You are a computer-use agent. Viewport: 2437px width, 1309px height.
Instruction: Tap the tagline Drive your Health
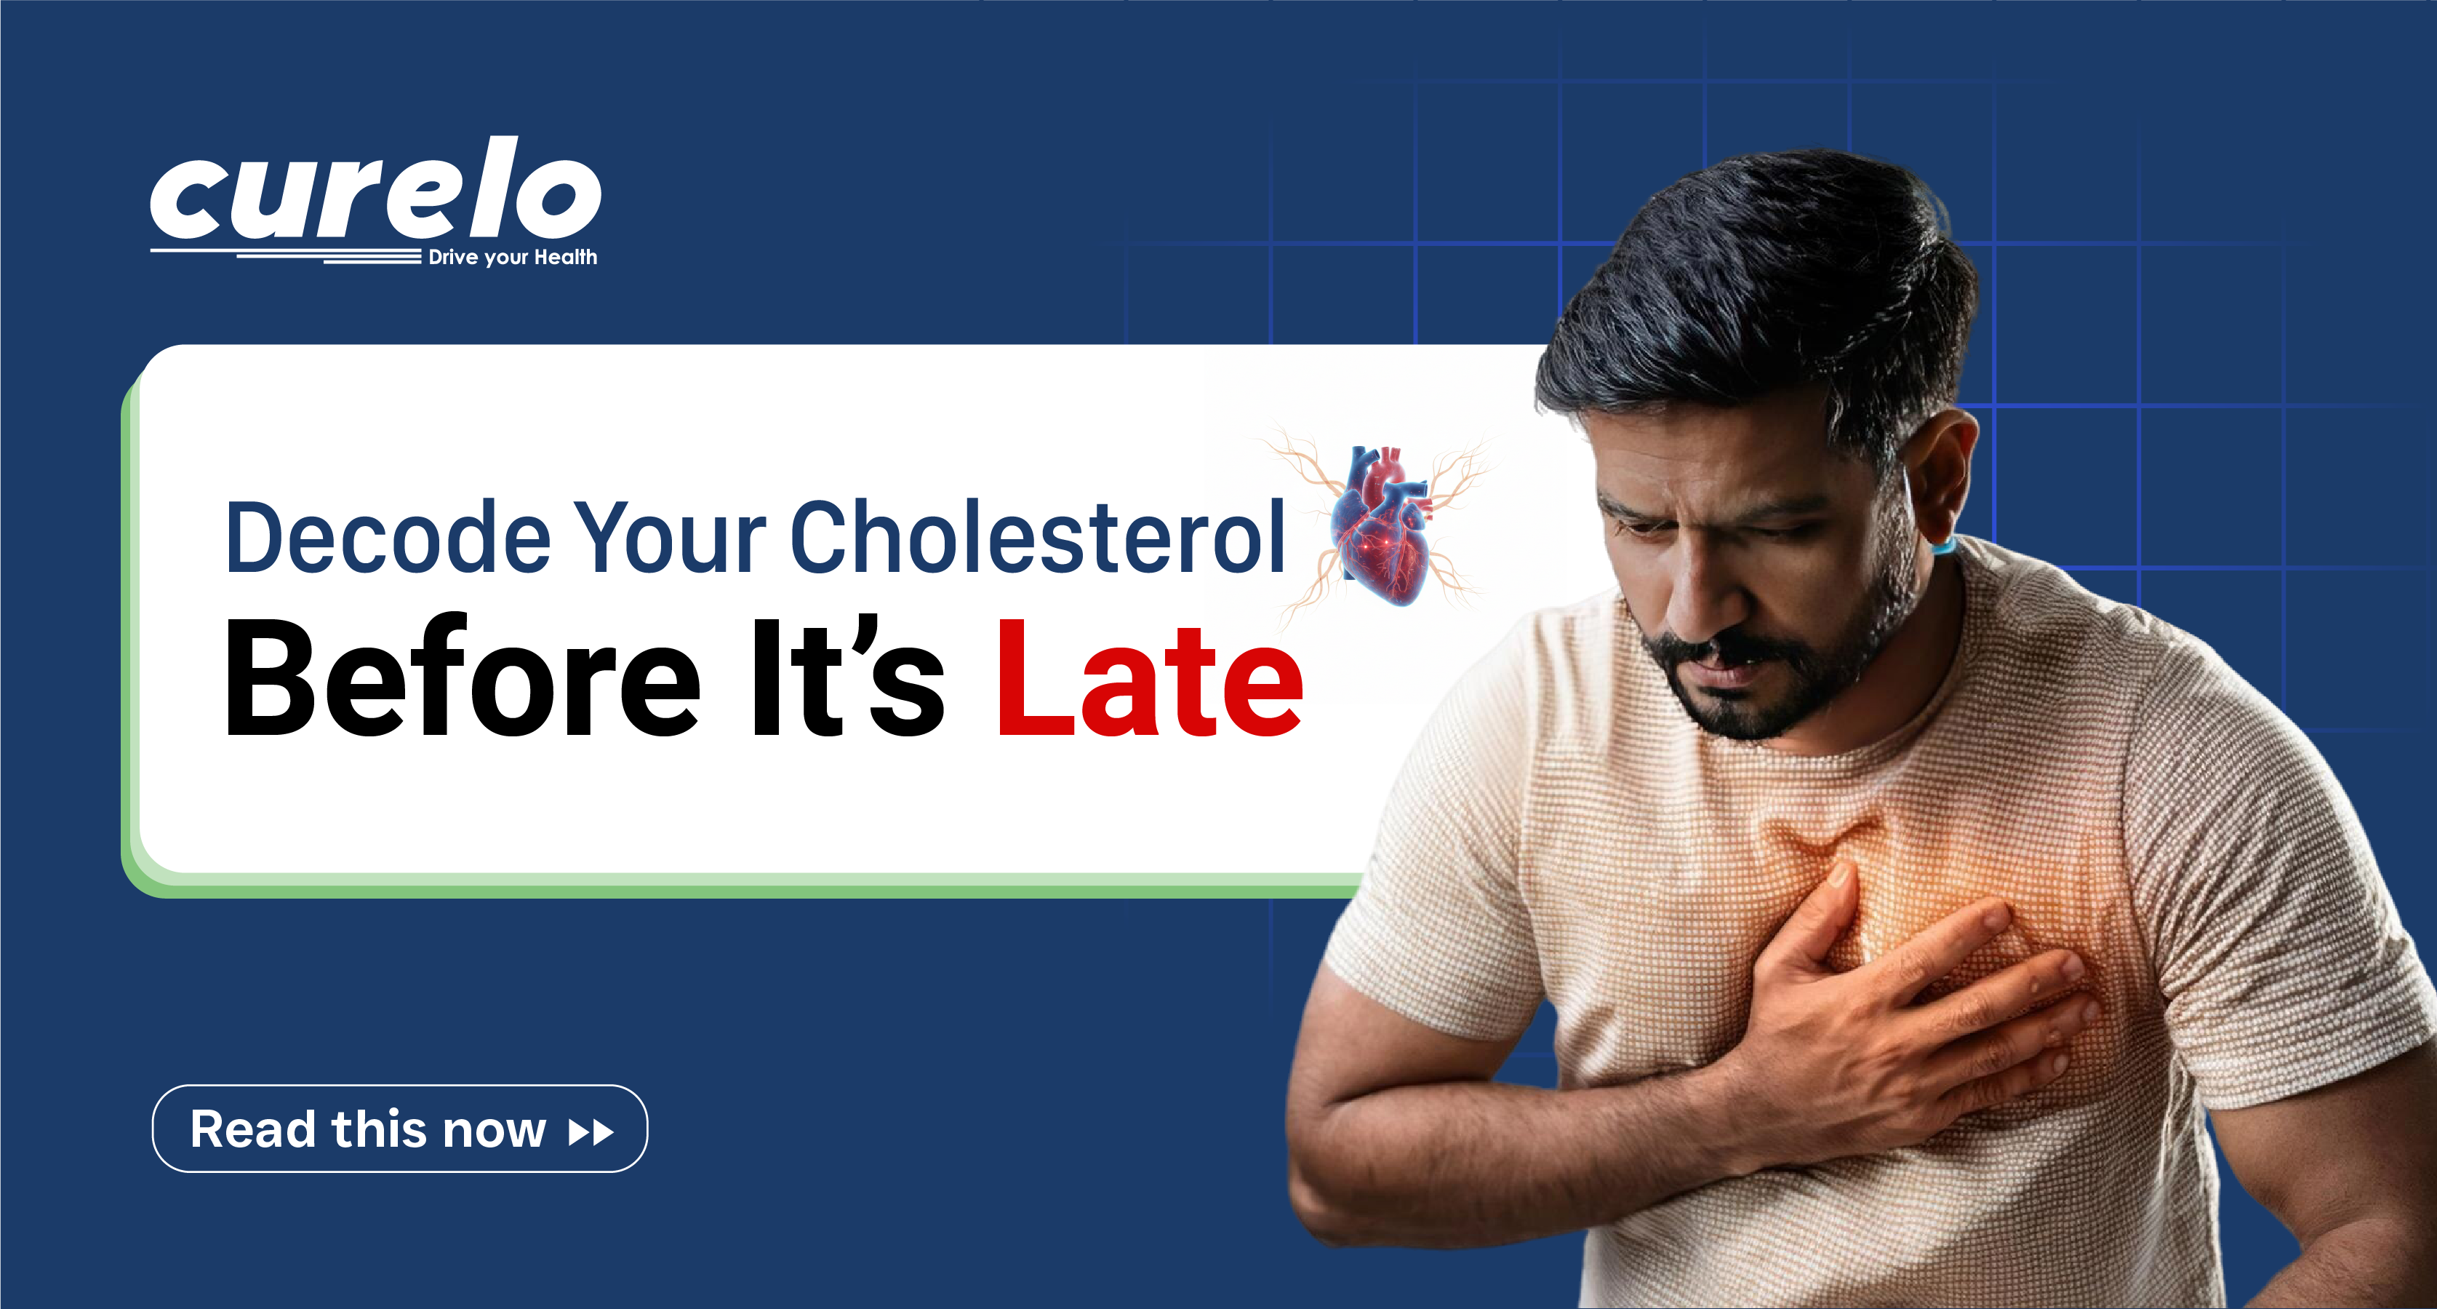[512, 258]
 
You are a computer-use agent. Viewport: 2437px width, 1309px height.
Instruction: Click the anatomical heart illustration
[1381, 525]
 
